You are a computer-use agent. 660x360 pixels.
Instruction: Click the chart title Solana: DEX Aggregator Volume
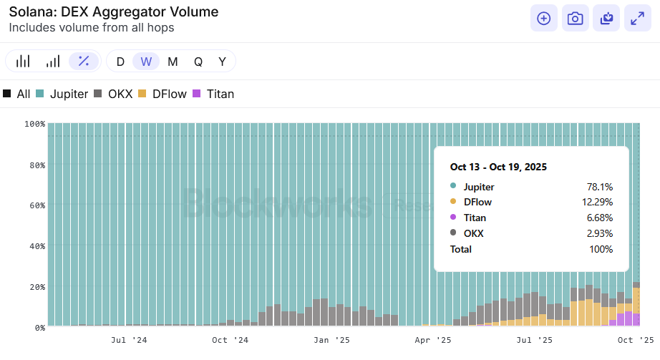tap(114, 12)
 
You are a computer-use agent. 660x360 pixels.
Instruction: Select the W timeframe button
tap(146, 62)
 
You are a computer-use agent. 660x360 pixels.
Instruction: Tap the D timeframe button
tap(120, 62)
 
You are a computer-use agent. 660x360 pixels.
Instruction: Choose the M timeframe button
tap(173, 62)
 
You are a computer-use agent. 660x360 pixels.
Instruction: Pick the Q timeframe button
tap(198, 62)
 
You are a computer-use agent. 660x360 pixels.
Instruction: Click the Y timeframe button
tap(223, 62)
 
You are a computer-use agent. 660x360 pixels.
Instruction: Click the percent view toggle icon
tap(84, 62)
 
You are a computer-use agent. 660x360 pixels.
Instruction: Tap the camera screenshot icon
tap(575, 19)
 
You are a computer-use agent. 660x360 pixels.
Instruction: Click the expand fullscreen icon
tap(637, 19)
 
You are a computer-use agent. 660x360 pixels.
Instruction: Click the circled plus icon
tap(543, 19)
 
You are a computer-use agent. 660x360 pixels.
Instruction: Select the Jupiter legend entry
tap(62, 94)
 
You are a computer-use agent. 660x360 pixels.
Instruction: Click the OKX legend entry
tap(113, 94)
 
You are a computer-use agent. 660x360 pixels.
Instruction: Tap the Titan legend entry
tap(214, 94)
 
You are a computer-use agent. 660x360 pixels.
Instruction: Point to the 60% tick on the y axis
tap(36, 205)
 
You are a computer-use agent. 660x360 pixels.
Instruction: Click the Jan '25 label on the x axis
tap(332, 341)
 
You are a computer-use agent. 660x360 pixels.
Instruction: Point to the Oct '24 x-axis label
tap(230, 341)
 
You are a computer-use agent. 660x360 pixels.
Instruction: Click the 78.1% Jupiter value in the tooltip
tap(599, 187)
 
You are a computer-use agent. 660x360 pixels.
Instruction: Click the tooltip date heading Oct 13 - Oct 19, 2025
tap(498, 167)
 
